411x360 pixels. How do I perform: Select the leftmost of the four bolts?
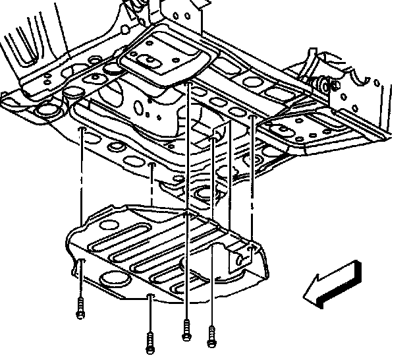(80, 308)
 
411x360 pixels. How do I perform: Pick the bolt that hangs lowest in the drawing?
(150, 341)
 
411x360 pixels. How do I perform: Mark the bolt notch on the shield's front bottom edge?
(151, 295)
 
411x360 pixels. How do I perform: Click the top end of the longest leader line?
(188, 86)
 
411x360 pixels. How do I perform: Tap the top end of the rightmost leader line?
(253, 117)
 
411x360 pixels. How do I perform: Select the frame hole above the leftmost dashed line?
(82, 131)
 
